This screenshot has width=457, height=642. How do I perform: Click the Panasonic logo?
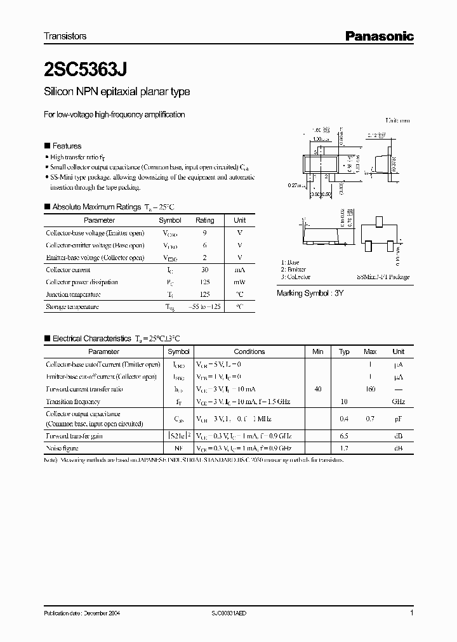click(379, 36)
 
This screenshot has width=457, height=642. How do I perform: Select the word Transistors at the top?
click(65, 36)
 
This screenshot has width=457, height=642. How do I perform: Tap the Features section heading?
click(67, 146)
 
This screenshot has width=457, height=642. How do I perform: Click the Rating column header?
click(204, 220)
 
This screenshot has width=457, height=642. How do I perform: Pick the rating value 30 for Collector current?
click(204, 270)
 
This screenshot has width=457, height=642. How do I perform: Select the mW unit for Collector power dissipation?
click(240, 282)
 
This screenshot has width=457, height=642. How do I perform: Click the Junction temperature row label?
click(73, 294)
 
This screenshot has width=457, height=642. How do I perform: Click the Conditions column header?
click(249, 351)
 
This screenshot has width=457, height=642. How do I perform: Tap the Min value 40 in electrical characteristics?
click(318, 389)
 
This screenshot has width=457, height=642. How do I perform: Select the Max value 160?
click(370, 389)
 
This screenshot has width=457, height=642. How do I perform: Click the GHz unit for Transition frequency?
click(399, 402)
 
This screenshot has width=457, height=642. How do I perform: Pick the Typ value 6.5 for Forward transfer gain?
click(344, 436)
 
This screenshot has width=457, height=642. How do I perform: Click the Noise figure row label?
click(61, 448)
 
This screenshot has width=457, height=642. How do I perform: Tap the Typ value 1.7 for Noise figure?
click(344, 448)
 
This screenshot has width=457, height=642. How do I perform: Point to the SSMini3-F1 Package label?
click(383, 277)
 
